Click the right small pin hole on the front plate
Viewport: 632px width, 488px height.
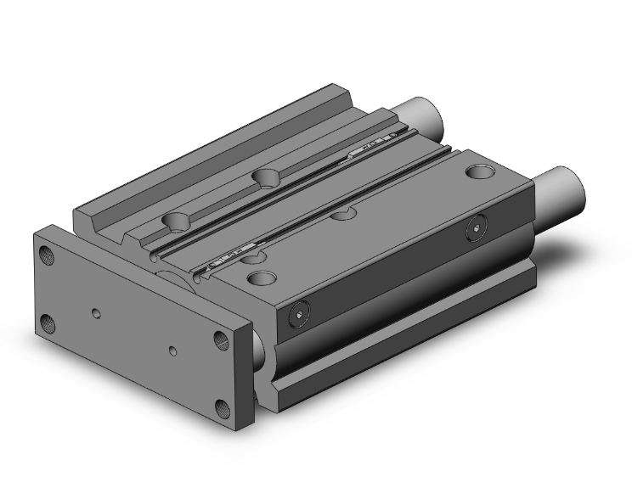click(x=174, y=350)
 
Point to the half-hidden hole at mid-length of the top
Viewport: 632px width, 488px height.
click(x=344, y=215)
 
